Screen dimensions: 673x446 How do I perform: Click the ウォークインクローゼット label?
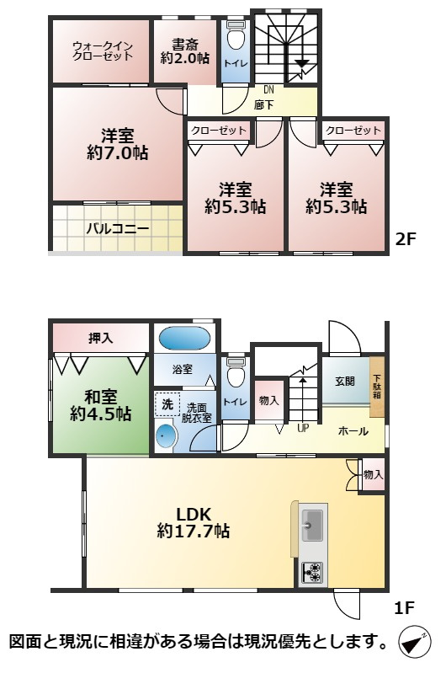(x=102, y=51)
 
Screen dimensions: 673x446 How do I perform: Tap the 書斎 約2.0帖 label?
(x=185, y=51)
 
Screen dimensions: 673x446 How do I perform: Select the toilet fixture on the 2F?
(x=235, y=39)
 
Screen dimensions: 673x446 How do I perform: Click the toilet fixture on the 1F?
(x=235, y=371)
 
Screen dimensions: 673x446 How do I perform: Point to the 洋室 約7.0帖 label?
(x=116, y=145)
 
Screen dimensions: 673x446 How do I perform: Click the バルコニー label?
(x=117, y=228)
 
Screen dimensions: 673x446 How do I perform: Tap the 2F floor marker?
(x=406, y=238)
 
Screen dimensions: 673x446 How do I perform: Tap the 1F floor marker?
(x=406, y=607)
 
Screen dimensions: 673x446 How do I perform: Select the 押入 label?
(x=100, y=338)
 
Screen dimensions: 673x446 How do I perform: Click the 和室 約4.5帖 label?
(x=100, y=404)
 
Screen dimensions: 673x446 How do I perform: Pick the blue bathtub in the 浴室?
(x=184, y=339)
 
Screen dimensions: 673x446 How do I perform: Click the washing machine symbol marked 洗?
(x=167, y=405)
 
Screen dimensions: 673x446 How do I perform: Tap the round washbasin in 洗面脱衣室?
(x=167, y=436)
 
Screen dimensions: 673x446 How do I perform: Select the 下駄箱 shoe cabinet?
(x=377, y=387)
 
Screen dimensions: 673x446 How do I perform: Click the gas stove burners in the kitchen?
(x=311, y=573)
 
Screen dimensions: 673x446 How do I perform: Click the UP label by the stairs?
(x=302, y=429)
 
